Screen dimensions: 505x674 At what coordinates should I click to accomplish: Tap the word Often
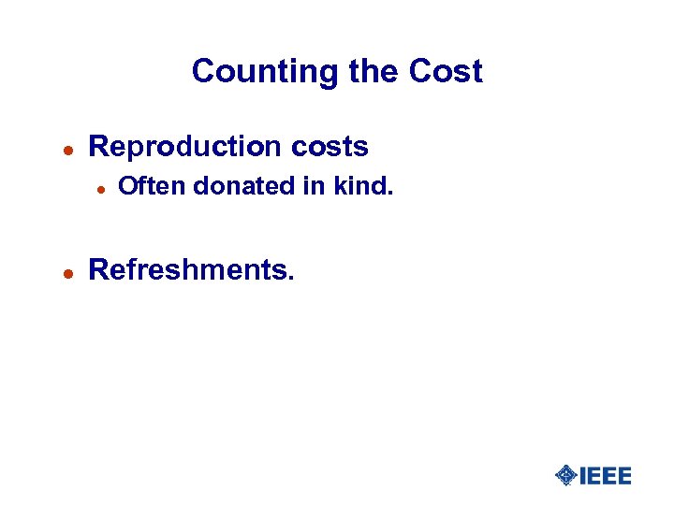154,187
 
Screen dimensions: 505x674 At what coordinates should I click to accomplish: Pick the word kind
359,187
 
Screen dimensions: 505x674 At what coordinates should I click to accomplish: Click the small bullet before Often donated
99,188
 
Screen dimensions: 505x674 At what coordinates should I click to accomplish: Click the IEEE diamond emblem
566,476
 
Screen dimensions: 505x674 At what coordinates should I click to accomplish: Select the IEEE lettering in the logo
606,476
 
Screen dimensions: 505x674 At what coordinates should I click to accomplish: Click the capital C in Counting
203,72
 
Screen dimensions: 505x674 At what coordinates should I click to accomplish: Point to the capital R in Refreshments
97,270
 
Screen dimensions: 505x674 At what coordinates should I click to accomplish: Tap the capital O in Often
128,187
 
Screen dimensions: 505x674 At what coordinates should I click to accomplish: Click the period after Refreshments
291,279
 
